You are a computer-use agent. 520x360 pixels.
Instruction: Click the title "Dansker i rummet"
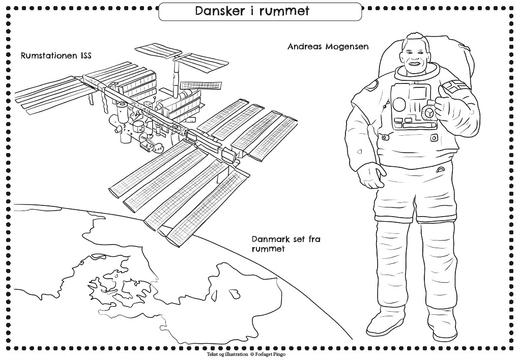point(252,11)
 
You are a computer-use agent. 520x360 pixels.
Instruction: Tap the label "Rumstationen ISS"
point(56,55)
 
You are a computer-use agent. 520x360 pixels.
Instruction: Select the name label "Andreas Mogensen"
point(328,46)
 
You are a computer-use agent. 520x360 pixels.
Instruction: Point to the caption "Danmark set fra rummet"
point(286,244)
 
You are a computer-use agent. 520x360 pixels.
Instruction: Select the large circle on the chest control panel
point(399,104)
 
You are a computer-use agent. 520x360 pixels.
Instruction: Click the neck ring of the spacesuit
point(418,72)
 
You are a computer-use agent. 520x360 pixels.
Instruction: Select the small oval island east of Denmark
point(235,293)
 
